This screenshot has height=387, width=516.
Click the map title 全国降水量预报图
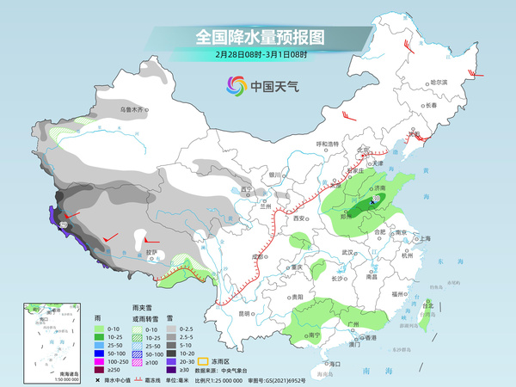point(258,37)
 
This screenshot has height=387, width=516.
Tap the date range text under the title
point(258,54)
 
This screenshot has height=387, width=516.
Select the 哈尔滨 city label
point(439,82)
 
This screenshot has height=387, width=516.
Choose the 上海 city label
point(423,238)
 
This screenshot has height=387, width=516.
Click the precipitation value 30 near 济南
point(375,200)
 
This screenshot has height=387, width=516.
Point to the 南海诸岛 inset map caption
point(40,375)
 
